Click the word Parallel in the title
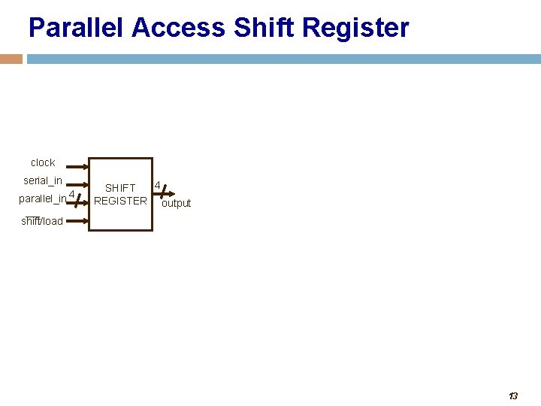76,28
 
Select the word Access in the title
178,28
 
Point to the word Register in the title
352,28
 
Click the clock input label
43,162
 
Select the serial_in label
43,180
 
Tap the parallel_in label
42,198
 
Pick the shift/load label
42,221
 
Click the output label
177,203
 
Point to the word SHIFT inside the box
120,188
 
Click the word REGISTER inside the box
120,201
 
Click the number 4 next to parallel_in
71,195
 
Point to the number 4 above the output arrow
157,184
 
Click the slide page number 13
513,395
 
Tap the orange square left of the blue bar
11,59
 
